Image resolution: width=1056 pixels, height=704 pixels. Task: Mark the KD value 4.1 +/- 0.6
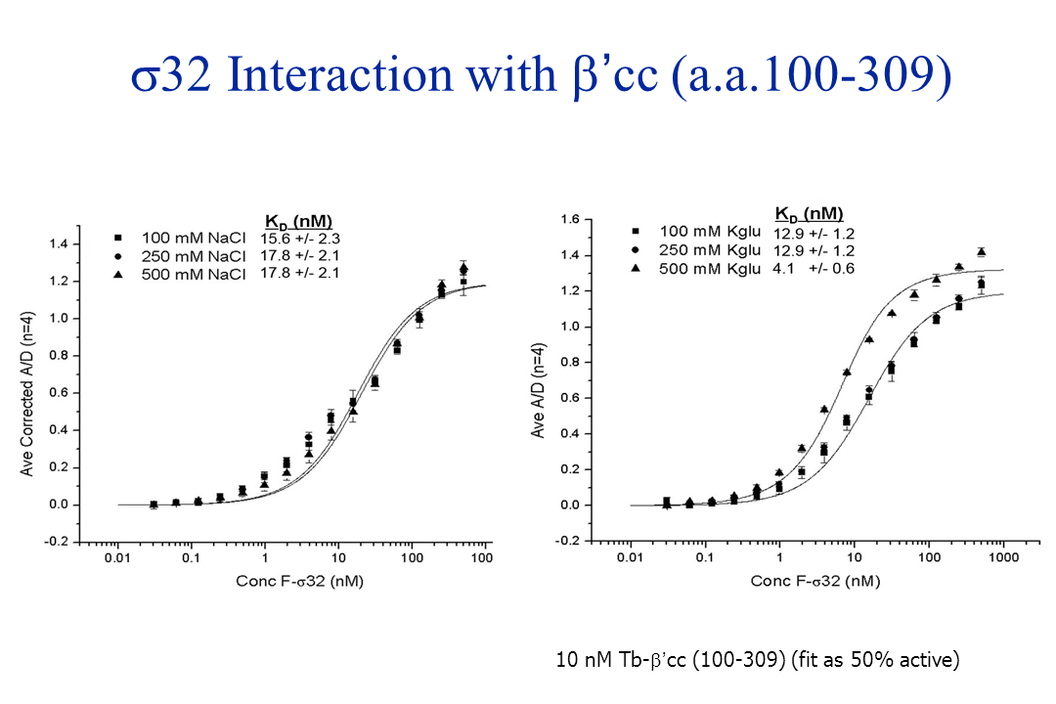[x=814, y=267]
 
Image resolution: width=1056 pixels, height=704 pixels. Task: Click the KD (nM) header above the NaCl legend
[x=299, y=219]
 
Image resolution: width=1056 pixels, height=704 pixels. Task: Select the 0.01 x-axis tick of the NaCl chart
[x=117, y=558]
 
